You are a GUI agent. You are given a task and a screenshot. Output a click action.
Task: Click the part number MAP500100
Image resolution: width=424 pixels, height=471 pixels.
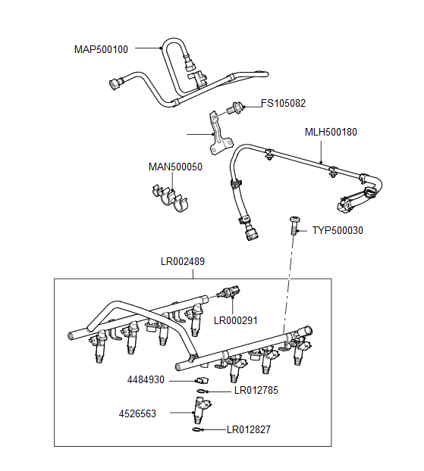[x=101, y=49]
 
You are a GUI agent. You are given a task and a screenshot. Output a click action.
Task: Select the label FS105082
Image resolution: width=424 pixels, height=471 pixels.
[x=284, y=103]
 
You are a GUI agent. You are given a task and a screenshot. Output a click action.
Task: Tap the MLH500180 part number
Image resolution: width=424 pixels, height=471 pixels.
[x=331, y=132]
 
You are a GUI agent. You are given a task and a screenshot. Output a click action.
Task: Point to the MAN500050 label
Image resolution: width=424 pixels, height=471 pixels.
[x=174, y=167]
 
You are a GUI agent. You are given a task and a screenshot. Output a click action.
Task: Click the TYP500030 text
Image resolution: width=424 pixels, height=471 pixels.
[x=338, y=230]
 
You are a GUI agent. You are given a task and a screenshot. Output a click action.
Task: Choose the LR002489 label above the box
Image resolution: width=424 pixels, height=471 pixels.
[x=183, y=262]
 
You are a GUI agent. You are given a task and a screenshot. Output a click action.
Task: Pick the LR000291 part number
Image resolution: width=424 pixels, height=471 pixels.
[x=236, y=320]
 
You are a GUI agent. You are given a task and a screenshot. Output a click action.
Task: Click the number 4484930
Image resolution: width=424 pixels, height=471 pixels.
[x=146, y=379]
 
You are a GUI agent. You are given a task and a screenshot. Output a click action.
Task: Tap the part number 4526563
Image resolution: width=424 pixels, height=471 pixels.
[x=138, y=413]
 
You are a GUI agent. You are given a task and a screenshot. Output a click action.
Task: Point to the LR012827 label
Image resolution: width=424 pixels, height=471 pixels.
[x=248, y=429]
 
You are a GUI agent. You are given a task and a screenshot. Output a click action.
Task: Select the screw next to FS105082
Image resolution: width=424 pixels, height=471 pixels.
[x=234, y=109]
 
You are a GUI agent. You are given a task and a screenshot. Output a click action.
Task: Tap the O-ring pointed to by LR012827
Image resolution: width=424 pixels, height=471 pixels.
[x=198, y=429]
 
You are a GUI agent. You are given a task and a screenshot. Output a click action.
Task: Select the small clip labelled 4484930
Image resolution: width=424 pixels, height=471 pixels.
[x=200, y=379]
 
